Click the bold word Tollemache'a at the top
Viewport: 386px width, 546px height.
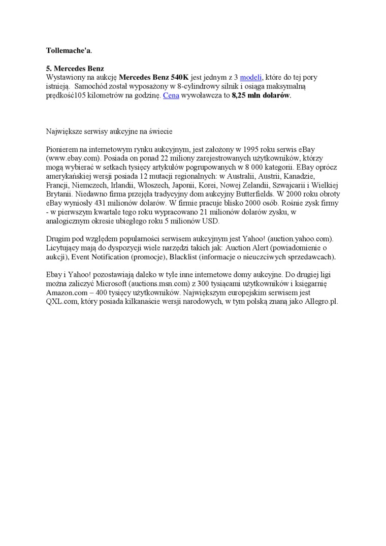tap(69, 51)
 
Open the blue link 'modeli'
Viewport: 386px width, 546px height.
tap(251, 77)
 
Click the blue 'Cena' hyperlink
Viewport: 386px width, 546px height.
tap(171, 95)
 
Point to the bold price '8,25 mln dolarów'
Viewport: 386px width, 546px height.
tap(261, 95)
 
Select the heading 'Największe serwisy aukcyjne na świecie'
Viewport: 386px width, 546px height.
tap(109, 131)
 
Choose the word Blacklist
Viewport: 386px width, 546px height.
tap(184, 257)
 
